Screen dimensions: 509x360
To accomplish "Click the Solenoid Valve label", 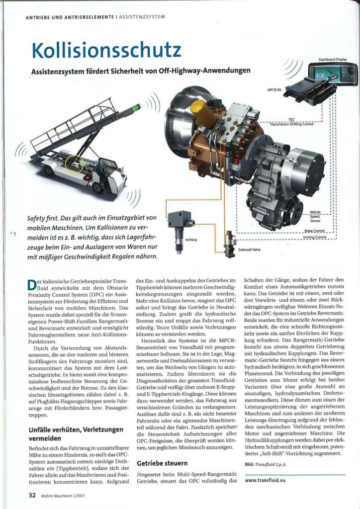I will pyautogui.click(x=249, y=250).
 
